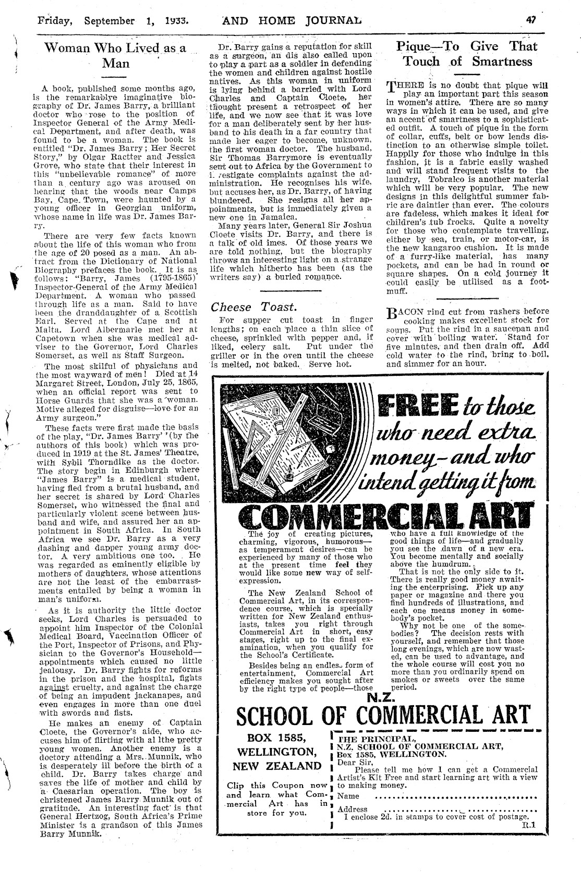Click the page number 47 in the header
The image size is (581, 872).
[531, 21]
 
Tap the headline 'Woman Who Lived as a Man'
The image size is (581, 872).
[115, 56]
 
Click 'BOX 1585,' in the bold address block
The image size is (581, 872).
[277, 739]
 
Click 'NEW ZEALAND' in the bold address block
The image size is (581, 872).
[277, 766]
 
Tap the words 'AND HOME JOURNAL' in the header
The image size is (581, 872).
[292, 21]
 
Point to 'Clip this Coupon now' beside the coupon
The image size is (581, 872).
[277, 785]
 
